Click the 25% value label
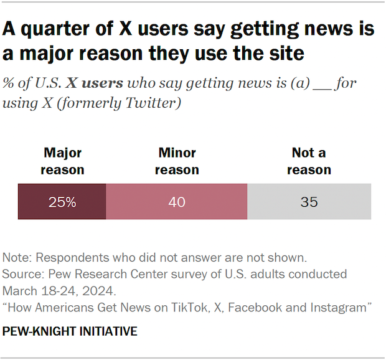click(62, 202)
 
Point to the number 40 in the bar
click(177, 202)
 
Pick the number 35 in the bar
click(309, 202)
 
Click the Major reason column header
click(62, 161)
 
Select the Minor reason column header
click(177, 161)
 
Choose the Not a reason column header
click(309, 161)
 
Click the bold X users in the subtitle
click(100, 83)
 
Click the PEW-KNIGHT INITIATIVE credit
click(70, 331)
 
